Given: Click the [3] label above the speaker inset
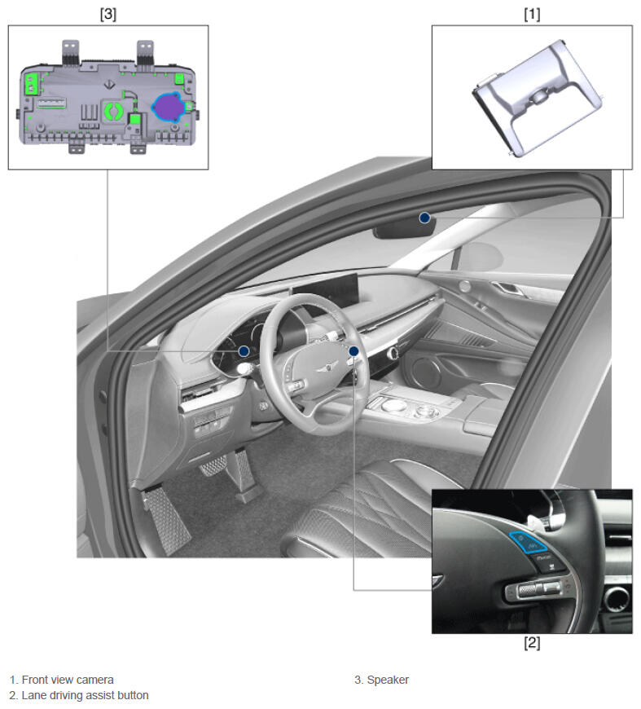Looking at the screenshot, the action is click(108, 14).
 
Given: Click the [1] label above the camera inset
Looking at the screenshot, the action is click(532, 14).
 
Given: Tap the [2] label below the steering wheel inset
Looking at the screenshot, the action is click(532, 642).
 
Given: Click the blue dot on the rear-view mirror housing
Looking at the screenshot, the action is click(424, 218).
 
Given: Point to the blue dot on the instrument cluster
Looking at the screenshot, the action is click(244, 351).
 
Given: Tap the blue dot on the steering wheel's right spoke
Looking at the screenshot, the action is click(354, 351).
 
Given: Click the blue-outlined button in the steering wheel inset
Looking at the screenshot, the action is click(528, 542).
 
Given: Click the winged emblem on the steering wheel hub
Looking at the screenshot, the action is click(323, 368).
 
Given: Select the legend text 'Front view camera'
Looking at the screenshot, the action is click(68, 680).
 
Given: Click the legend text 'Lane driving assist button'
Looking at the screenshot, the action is click(85, 695).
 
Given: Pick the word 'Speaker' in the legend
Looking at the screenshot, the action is click(388, 680).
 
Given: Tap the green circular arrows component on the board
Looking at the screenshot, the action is click(113, 111).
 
